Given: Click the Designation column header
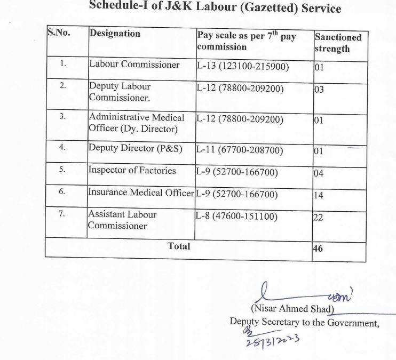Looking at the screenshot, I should click(115, 34).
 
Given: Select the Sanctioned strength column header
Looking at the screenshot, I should click(337, 43).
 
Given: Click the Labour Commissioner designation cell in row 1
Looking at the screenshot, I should click(134, 65).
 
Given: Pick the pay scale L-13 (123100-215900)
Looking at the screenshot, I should click(243, 67).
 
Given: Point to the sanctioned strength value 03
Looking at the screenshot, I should click(319, 90).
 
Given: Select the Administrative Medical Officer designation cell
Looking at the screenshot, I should click(136, 123).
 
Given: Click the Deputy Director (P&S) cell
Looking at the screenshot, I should click(136, 149).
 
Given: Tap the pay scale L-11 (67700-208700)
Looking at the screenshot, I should click(240, 150).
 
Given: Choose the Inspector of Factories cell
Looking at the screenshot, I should click(132, 171).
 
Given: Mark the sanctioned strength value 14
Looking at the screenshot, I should click(319, 195).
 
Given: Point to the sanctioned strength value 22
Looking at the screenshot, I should click(318, 218).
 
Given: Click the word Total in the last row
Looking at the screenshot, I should click(179, 246).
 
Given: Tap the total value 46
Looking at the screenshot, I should click(318, 249).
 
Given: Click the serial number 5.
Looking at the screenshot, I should click(62, 170).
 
